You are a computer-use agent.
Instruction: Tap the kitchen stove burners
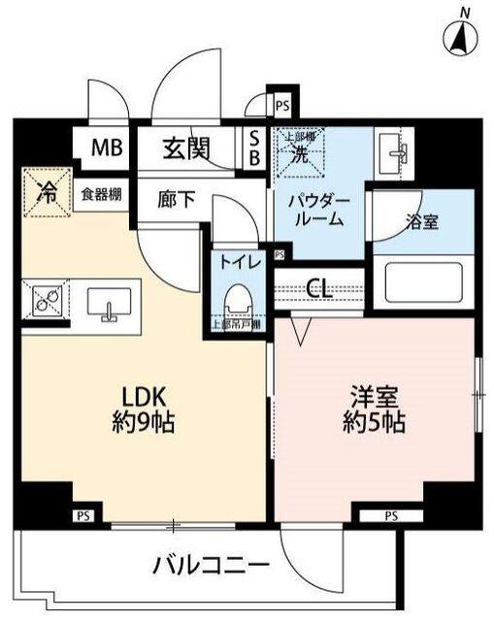click(x=43, y=303)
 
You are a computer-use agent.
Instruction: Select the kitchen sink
click(x=108, y=303)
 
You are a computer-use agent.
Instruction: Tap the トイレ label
click(x=237, y=261)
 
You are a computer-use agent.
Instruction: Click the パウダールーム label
click(x=317, y=209)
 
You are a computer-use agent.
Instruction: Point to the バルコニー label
click(x=203, y=565)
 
